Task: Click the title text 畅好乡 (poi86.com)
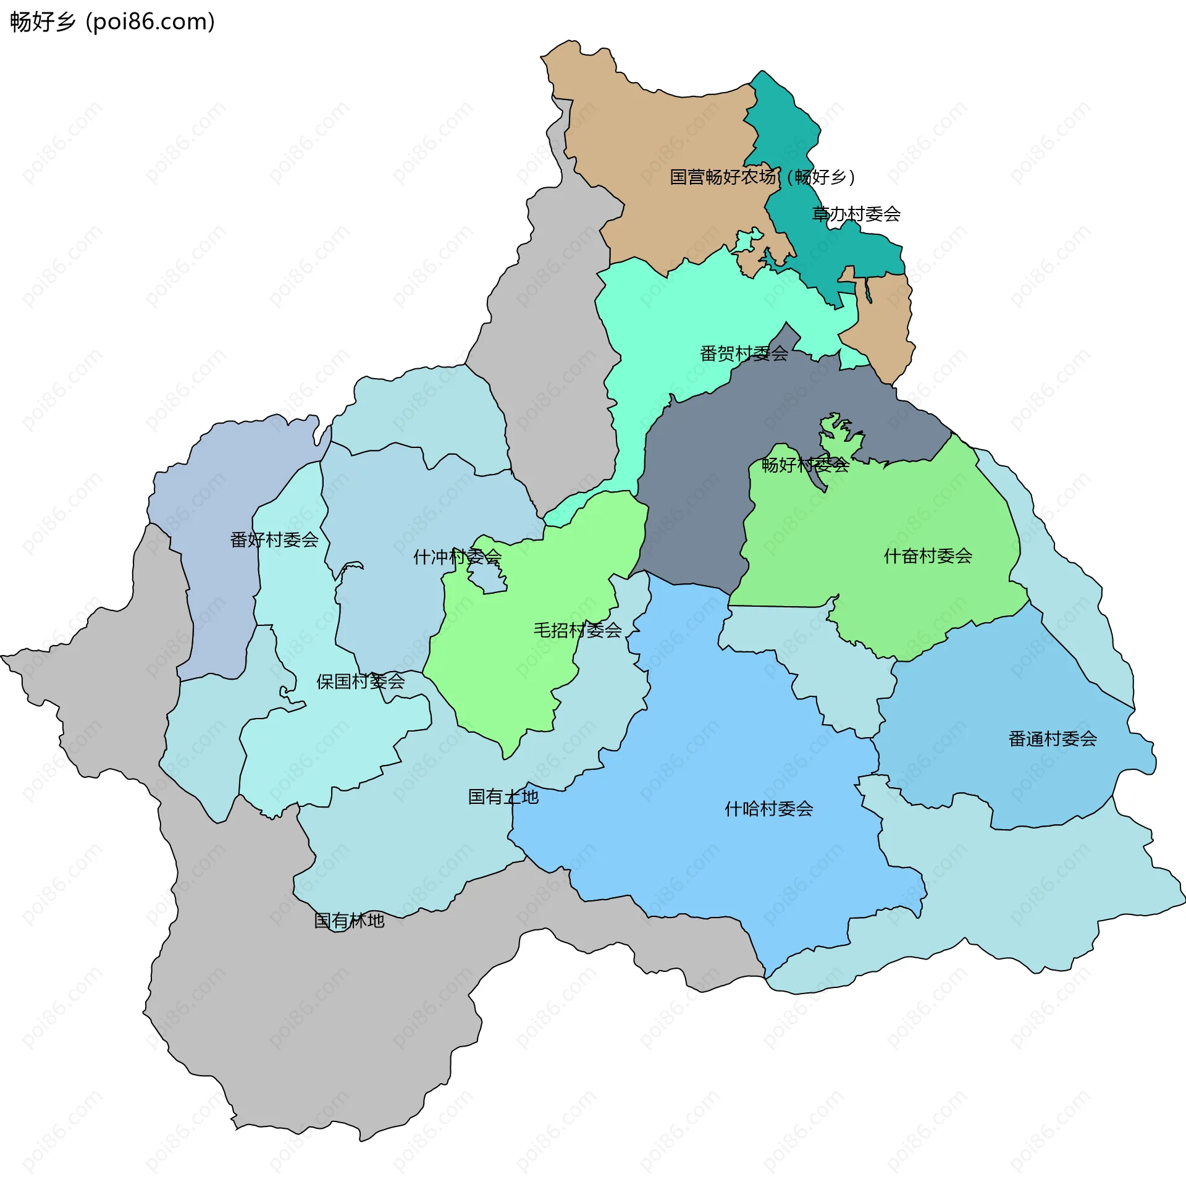[x=112, y=22]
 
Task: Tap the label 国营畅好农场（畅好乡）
[x=762, y=177]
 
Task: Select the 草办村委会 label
[x=856, y=214]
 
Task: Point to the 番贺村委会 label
[x=744, y=354]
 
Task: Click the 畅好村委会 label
[x=805, y=465]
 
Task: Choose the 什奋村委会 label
[x=928, y=556]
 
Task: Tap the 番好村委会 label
[x=274, y=540]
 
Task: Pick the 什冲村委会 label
[x=457, y=557]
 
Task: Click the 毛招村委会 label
[x=578, y=630]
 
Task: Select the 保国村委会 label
[x=361, y=682]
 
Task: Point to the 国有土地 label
[x=503, y=797]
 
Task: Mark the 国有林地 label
[x=350, y=921]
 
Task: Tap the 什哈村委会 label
[x=768, y=809]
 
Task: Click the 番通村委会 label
[x=1053, y=739]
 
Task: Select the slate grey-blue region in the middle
[x=692, y=494]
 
